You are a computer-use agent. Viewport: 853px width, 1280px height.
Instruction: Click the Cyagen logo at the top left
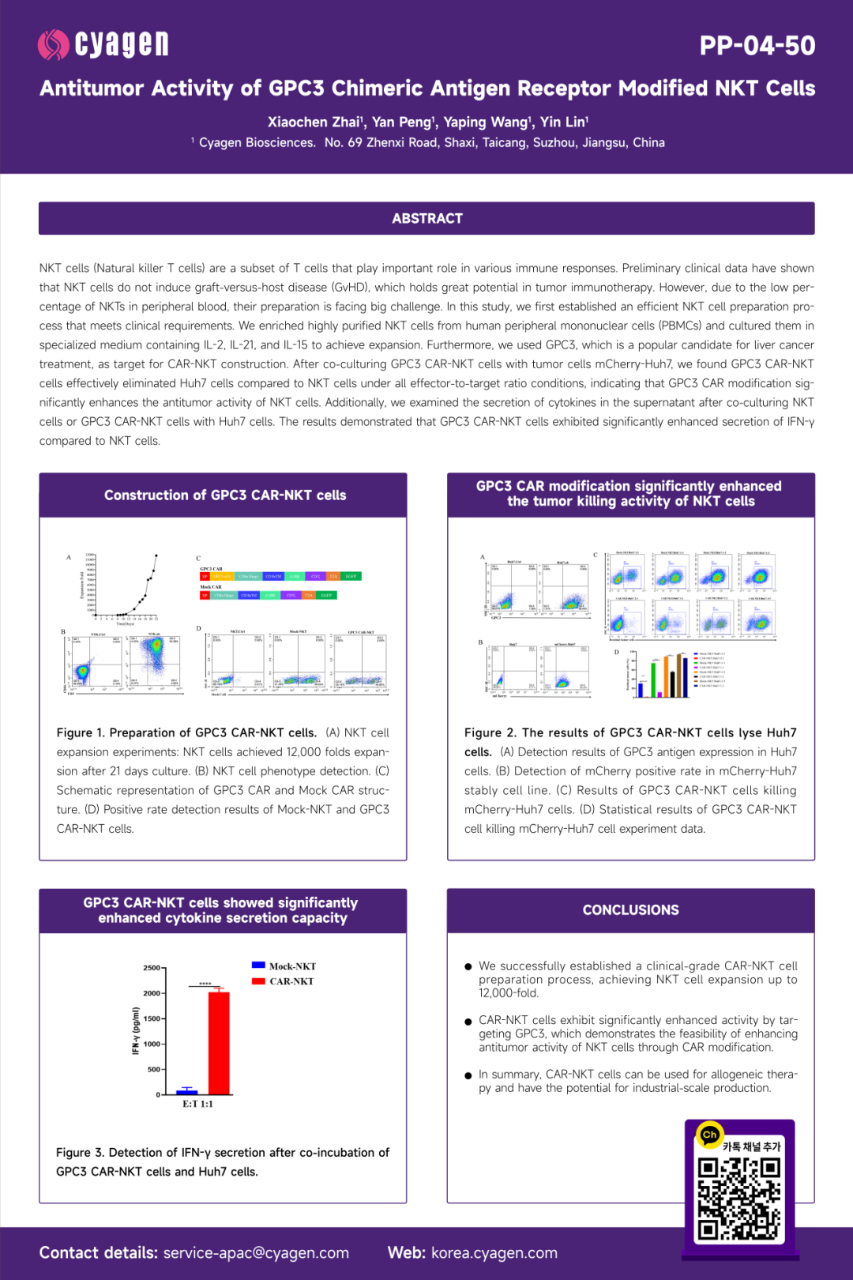[x=103, y=45]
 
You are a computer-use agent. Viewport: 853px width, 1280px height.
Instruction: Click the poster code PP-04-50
[x=757, y=46]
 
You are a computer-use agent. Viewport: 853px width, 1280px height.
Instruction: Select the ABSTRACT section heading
[x=426, y=219]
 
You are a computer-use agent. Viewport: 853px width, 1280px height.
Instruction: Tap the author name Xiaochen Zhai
[x=314, y=122]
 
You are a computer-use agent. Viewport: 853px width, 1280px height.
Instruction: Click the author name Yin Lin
[x=563, y=122]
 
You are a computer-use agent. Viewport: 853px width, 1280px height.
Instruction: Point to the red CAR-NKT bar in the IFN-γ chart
[x=219, y=1043]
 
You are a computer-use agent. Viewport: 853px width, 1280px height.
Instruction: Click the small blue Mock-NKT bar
[x=187, y=1091]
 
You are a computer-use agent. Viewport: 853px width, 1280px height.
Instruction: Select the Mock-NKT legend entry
[x=284, y=966]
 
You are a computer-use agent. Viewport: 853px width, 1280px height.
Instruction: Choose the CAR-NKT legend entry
[x=284, y=981]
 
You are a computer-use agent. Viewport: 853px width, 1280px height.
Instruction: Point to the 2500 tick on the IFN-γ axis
[x=152, y=968]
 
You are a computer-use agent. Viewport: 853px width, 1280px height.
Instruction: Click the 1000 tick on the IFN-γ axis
[x=152, y=1044]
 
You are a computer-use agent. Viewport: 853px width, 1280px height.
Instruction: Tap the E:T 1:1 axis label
[x=197, y=1104]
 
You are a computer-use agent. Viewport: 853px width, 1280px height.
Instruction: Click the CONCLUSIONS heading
[x=630, y=910]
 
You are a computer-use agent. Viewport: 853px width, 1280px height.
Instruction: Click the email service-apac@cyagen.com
[x=256, y=1253]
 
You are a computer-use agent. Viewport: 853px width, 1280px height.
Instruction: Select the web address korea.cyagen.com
[x=494, y=1253]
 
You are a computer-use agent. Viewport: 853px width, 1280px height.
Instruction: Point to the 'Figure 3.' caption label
[x=80, y=1153]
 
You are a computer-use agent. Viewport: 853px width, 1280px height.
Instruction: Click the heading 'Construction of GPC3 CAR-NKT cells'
[x=225, y=495]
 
